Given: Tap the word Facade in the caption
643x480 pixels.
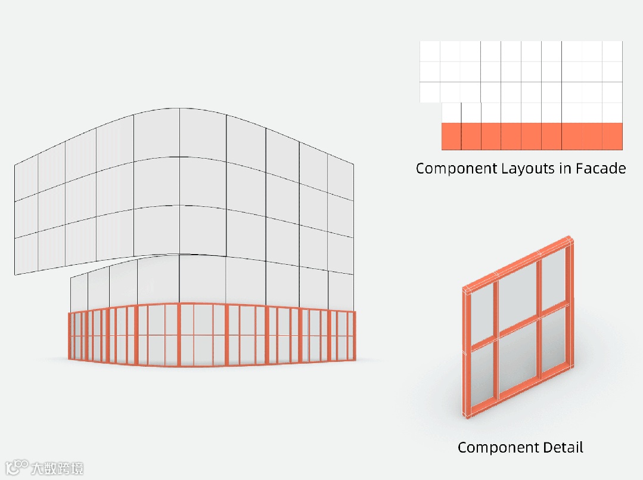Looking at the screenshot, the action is [601, 168].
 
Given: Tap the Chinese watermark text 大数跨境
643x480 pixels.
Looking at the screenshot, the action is [57, 468].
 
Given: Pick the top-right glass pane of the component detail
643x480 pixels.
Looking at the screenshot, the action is [554, 274].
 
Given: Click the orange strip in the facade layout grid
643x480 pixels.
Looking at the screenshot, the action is [532, 137].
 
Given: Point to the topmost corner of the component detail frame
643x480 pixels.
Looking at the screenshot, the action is [570, 237].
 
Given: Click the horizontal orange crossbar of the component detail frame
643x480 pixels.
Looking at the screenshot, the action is [518, 327].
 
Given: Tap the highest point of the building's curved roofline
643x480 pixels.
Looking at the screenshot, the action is [179, 108].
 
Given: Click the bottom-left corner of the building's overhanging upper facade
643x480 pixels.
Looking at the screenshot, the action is [15, 275].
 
